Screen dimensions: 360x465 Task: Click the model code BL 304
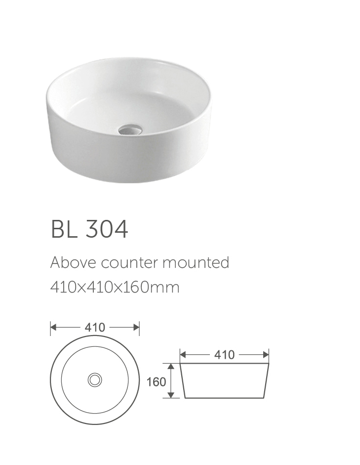[x=89, y=229]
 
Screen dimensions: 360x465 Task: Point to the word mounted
[x=196, y=262]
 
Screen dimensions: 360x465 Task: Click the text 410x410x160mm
[x=115, y=287]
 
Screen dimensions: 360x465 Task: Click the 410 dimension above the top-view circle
[x=95, y=328]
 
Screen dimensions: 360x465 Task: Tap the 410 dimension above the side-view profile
[x=224, y=355]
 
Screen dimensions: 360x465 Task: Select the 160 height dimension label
[x=156, y=382]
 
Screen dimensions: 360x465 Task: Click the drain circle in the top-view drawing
[x=95, y=380]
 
